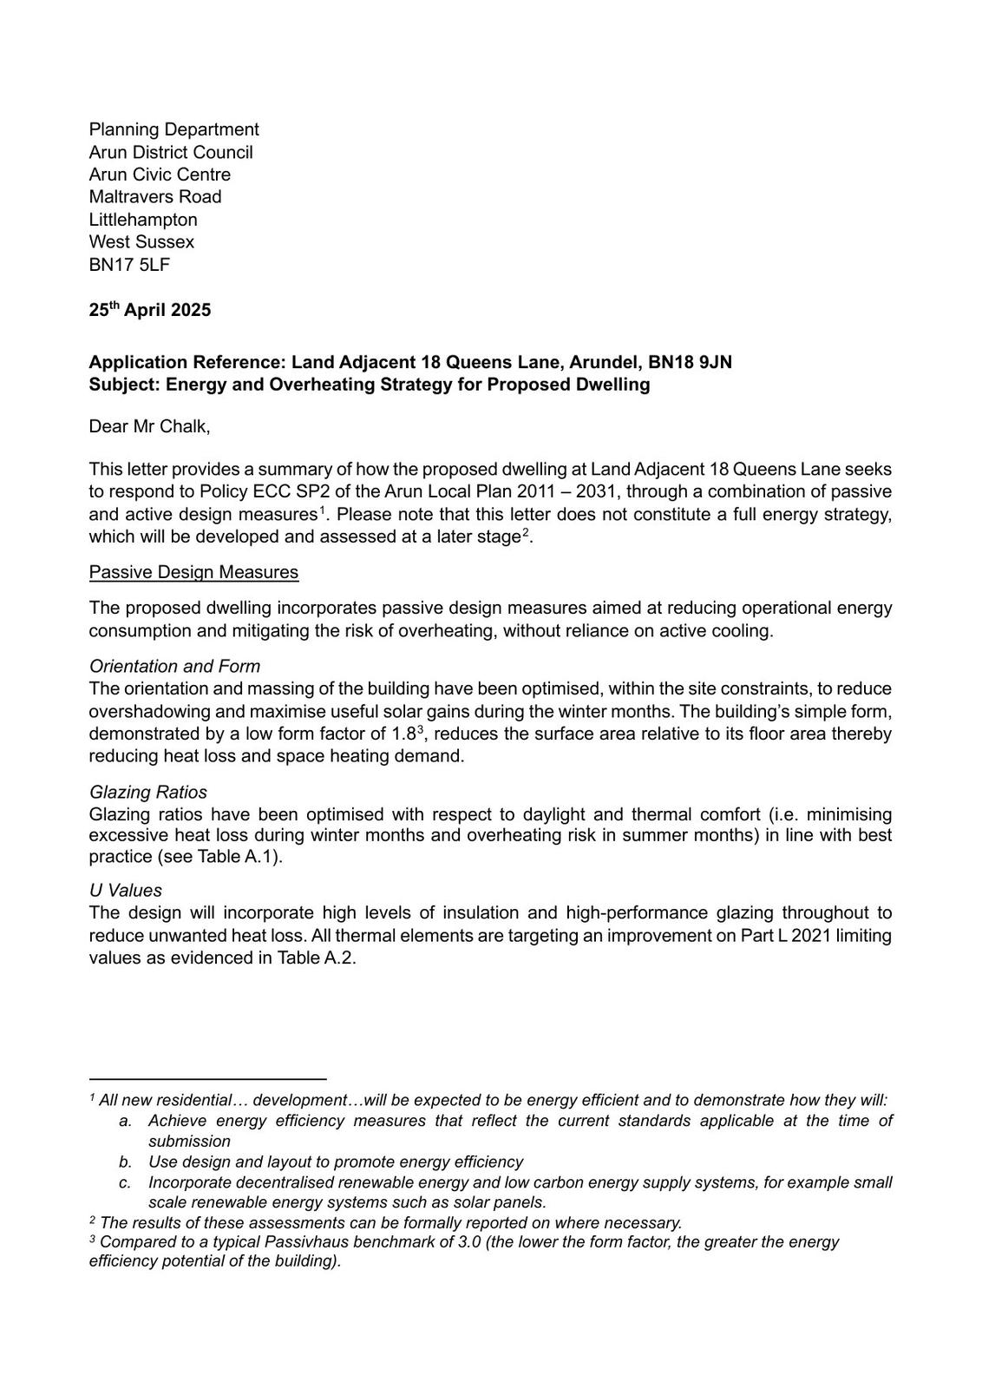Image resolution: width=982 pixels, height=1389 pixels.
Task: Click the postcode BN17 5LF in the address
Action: click(129, 265)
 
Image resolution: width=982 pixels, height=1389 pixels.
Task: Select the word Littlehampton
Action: click(143, 220)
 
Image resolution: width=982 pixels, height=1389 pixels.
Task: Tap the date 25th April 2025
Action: click(149, 310)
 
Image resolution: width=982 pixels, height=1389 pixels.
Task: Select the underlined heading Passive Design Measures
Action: click(193, 572)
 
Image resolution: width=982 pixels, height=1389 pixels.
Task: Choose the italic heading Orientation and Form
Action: click(174, 666)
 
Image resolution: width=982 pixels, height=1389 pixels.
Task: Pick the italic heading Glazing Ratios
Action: click(148, 792)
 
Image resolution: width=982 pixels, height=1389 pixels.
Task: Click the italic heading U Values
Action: click(125, 890)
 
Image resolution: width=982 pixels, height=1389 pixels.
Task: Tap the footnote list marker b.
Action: click(125, 1162)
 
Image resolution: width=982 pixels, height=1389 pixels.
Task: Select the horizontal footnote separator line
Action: click(207, 1078)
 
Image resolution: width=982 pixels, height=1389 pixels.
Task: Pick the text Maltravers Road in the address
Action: click(155, 197)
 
